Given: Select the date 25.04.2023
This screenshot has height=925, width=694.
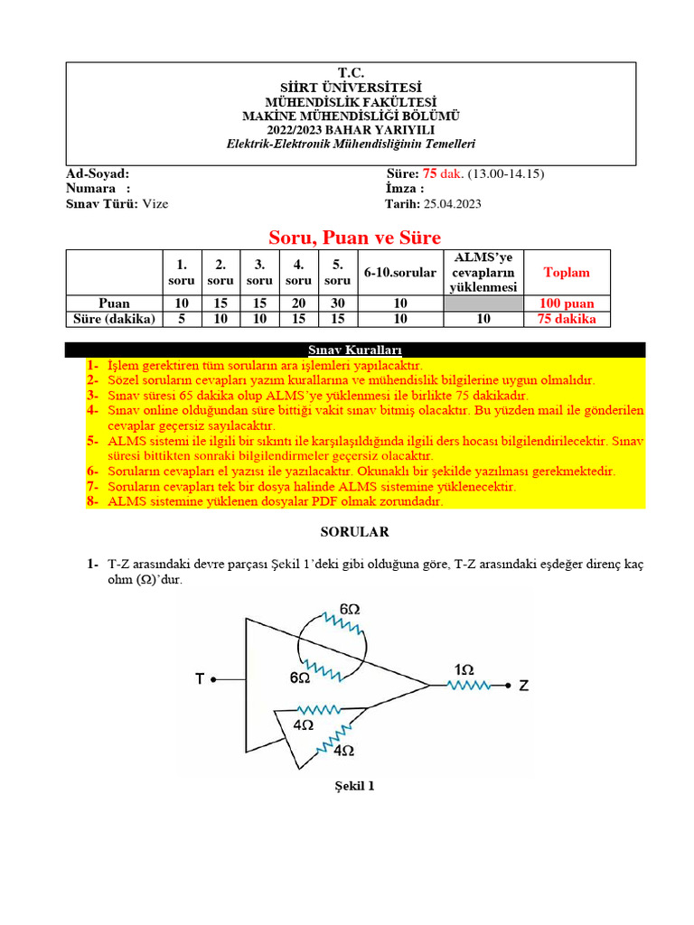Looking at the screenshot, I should pos(448,204).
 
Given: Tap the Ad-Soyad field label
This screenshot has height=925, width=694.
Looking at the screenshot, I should pos(98,173).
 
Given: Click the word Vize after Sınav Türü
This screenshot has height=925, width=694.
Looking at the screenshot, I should pos(154,204).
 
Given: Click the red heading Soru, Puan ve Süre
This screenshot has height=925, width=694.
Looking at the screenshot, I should pos(354,238).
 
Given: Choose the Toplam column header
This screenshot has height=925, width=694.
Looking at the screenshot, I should pos(567,272).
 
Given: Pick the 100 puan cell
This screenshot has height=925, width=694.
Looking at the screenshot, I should pos(567,304).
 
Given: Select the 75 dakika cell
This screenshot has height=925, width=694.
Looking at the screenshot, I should pos(567,320).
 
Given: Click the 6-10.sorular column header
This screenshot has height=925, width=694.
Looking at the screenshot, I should pos(399,272).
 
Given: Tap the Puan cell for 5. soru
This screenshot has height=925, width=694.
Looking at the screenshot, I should pos(337,304).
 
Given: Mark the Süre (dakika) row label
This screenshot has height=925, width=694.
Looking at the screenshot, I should pos(114,320).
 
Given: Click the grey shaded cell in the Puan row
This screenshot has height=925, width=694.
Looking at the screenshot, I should pos(484,304).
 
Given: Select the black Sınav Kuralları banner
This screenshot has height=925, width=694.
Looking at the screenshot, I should pos(356,350).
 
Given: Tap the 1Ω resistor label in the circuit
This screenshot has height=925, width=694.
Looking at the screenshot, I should pos(464,669).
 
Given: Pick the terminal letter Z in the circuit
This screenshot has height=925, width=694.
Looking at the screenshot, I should pos(524,686).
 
